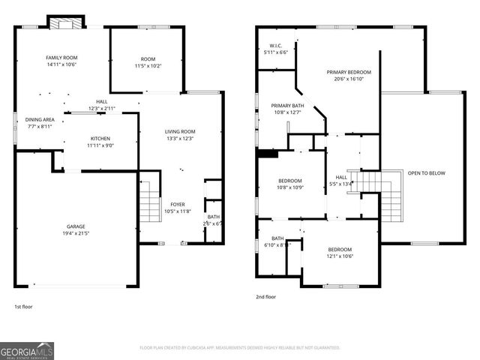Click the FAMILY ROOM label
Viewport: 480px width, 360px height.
pos(61,58)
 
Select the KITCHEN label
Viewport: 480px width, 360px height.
pos(100,139)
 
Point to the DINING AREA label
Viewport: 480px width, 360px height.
pos(40,119)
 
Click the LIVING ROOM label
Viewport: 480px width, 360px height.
pos(180,132)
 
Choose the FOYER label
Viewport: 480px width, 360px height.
pos(178,204)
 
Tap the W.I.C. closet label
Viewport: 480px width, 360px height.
pos(274,46)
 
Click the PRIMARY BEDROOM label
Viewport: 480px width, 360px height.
pos(349,72)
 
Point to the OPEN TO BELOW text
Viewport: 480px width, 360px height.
pos(426,173)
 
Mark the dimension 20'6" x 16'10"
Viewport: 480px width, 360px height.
pos(349,79)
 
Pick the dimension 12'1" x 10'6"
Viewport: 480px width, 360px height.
pos(340,256)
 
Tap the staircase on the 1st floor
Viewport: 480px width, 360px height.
pos(150,199)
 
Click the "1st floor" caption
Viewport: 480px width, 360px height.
pos(23,306)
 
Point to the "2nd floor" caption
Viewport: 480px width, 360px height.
pos(265,297)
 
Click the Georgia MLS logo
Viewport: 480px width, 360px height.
pos(27,350)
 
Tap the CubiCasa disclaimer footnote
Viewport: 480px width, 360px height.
pos(240,348)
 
